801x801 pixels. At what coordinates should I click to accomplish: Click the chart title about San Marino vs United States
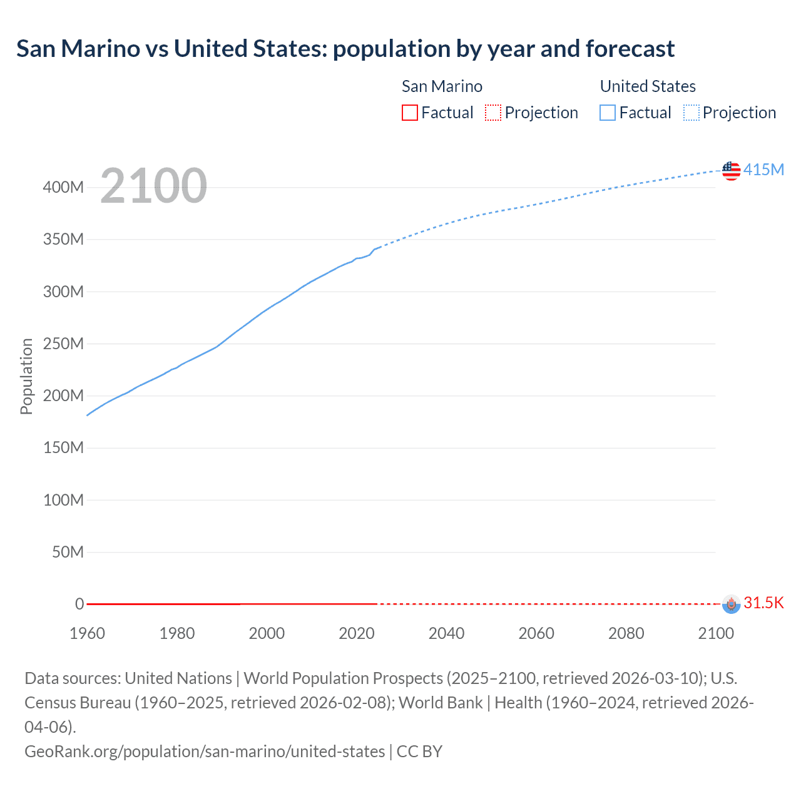click(x=345, y=49)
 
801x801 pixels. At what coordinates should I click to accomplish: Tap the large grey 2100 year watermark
click(x=153, y=186)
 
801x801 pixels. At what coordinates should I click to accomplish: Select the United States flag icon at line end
click(x=731, y=170)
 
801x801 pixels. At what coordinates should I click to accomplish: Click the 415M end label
click(x=763, y=170)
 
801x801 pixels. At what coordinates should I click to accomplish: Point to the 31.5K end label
click(x=763, y=603)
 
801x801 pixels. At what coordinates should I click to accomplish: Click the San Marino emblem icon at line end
click(x=731, y=604)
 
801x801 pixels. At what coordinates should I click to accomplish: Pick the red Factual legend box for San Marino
click(x=409, y=113)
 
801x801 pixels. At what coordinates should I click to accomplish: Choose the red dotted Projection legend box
click(x=493, y=113)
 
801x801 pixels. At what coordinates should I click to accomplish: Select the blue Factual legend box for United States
click(x=607, y=113)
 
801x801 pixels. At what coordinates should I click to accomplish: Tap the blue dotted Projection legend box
click(x=691, y=113)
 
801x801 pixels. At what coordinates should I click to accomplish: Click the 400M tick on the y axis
click(x=63, y=187)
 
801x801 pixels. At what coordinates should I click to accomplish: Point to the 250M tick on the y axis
click(x=63, y=344)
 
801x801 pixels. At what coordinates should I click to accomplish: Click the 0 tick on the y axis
click(x=79, y=604)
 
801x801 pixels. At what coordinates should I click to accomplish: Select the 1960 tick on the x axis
click(x=87, y=633)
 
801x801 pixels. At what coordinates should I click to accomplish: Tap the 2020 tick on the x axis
click(x=357, y=633)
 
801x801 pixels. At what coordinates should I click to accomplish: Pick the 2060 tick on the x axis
click(x=536, y=633)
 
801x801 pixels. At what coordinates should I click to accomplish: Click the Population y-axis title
click(x=26, y=376)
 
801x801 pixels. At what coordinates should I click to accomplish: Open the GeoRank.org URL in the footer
click(x=205, y=751)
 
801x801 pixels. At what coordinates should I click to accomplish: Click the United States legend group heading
click(x=648, y=86)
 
